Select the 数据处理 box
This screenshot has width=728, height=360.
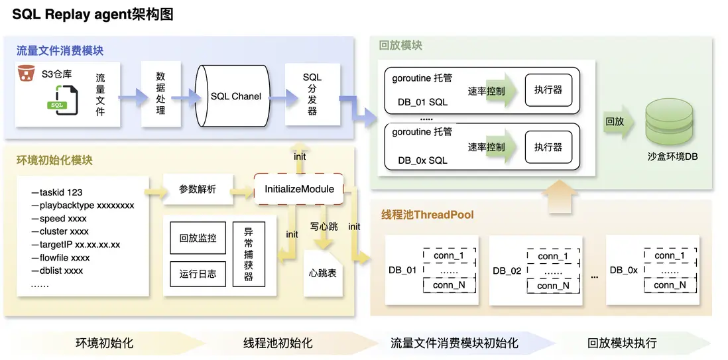pos(160,93)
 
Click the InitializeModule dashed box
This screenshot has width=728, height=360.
pos(299,189)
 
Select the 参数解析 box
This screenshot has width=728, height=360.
pos(197,189)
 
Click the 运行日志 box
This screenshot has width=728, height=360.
pos(198,273)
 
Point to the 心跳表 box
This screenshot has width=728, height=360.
pos(322,272)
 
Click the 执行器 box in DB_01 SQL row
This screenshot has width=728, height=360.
pos(548,90)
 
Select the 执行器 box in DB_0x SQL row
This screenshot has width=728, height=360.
pos(548,147)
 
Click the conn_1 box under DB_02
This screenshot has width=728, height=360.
pos(552,256)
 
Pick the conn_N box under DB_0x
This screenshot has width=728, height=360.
pos(669,285)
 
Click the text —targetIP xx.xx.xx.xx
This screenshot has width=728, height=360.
pos(75,245)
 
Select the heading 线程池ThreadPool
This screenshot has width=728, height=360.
pos(427,215)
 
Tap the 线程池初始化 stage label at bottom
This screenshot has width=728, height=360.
pos(278,343)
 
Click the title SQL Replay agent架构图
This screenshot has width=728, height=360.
pos(93,14)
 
